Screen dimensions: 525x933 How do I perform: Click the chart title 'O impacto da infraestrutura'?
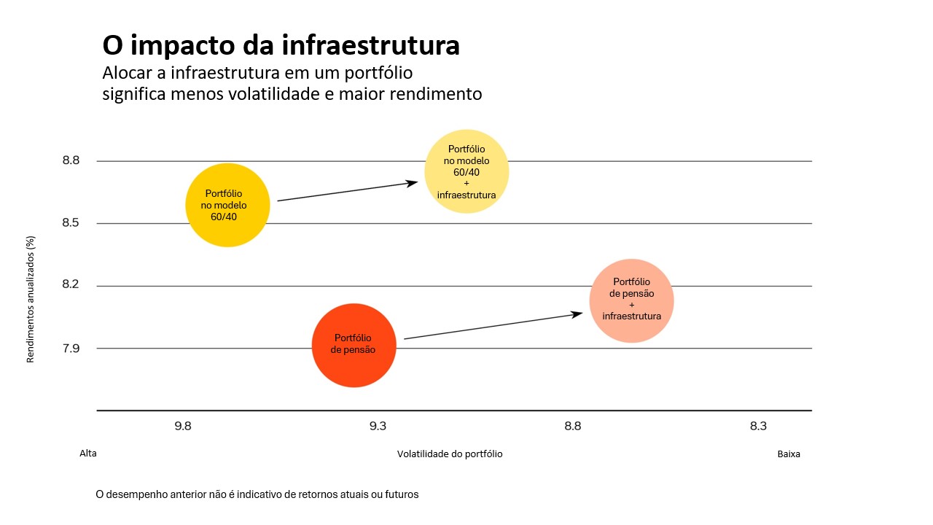tap(281, 45)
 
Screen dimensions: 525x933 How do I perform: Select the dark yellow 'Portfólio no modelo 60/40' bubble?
tap(227, 205)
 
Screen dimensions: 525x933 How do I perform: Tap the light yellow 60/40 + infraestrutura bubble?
tap(466, 172)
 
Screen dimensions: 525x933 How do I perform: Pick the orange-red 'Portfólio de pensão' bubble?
tap(354, 345)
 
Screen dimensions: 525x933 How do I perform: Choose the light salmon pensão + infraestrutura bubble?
tap(631, 300)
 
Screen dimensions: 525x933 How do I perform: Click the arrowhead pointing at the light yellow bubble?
tap(413, 182)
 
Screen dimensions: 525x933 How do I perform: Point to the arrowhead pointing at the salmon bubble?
tap(577, 314)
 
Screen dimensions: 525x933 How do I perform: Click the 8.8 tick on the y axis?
tap(71, 160)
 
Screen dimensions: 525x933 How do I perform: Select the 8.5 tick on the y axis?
tap(71, 223)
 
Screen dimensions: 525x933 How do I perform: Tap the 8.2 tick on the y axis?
tap(71, 285)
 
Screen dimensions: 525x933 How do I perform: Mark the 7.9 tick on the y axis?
tap(71, 349)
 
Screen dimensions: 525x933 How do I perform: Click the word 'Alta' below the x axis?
tap(88, 453)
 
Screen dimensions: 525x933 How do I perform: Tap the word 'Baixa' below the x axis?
tap(788, 454)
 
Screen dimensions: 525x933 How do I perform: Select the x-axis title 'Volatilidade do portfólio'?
tap(450, 454)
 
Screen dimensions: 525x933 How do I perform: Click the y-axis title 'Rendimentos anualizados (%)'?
tap(31, 298)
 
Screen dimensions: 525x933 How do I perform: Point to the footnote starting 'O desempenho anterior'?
tap(257, 494)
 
